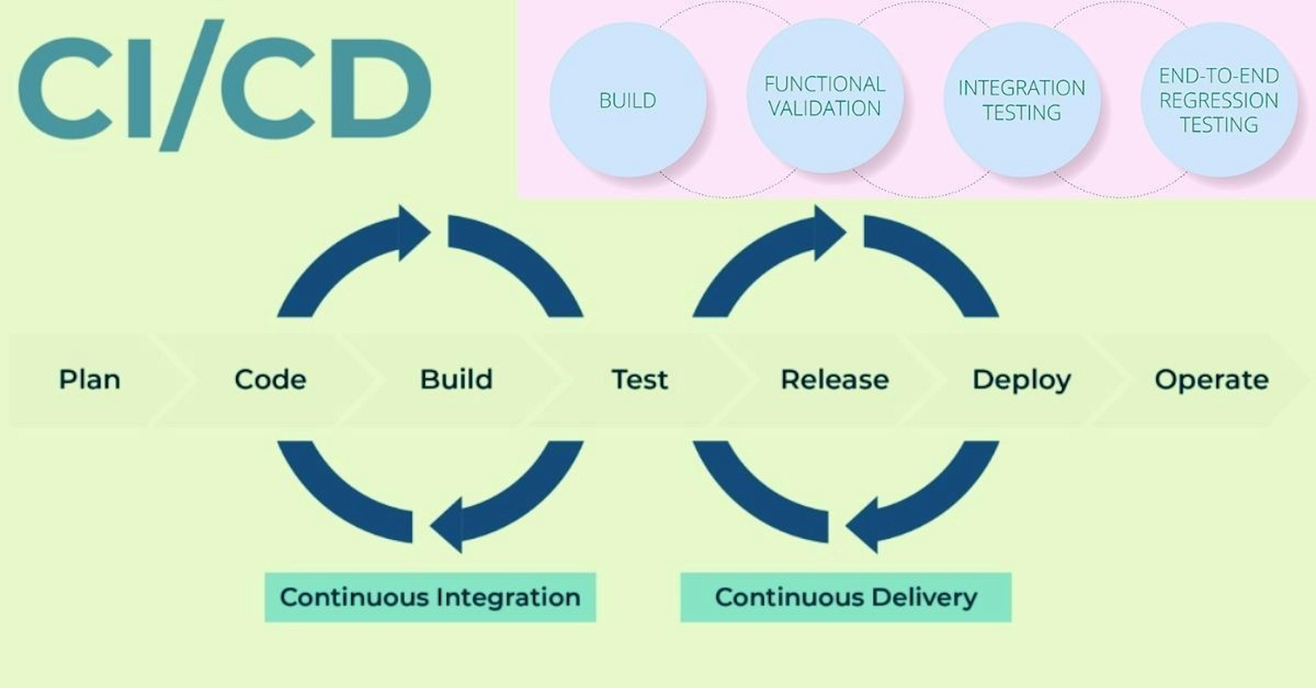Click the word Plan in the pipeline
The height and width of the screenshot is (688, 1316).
click(90, 380)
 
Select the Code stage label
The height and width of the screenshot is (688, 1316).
click(270, 380)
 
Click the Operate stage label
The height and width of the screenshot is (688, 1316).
click(1211, 380)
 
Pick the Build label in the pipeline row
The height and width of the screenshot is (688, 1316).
click(456, 380)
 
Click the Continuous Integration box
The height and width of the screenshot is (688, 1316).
click(430, 597)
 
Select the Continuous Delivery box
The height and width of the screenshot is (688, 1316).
click(845, 597)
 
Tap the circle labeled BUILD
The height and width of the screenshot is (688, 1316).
click(628, 100)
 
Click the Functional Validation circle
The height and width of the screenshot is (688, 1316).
click(825, 96)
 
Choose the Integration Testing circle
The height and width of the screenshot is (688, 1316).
click(1022, 100)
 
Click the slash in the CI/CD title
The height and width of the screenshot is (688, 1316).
click(192, 85)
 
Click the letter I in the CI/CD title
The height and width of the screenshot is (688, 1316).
click(139, 88)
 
